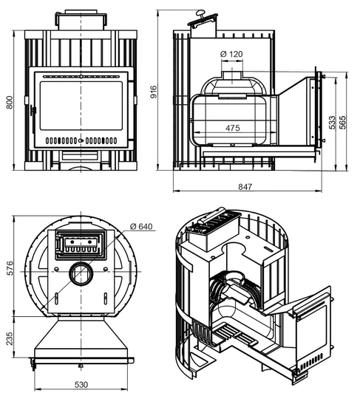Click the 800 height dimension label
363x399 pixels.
point(10,102)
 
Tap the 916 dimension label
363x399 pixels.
point(154,92)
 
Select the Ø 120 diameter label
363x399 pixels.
point(231,54)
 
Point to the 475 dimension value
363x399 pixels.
point(233,128)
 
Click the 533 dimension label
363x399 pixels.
point(332,123)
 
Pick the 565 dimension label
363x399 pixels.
point(342,123)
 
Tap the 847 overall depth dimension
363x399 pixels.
point(245,187)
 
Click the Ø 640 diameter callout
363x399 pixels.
point(141,226)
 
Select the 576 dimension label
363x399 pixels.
point(10,268)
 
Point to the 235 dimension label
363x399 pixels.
point(10,338)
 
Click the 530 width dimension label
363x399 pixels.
point(81,385)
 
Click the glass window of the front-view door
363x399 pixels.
point(81,106)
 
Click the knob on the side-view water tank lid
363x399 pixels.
point(200,13)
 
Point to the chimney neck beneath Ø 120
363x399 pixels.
point(232,75)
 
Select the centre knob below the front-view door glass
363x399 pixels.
point(81,140)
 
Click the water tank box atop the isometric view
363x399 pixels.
point(214,230)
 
